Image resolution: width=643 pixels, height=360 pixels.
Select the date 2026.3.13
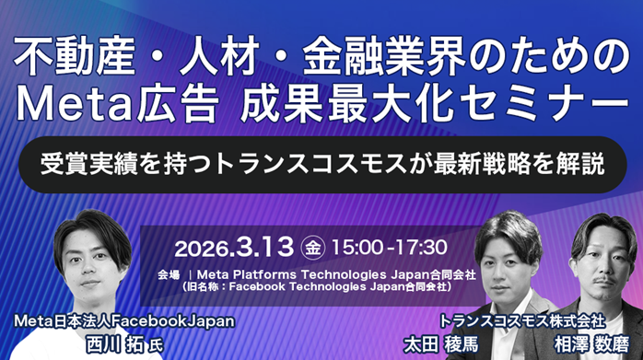point(234,247)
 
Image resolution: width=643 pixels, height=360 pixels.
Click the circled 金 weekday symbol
point(312,247)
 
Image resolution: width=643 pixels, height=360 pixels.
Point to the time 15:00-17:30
point(389,247)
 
